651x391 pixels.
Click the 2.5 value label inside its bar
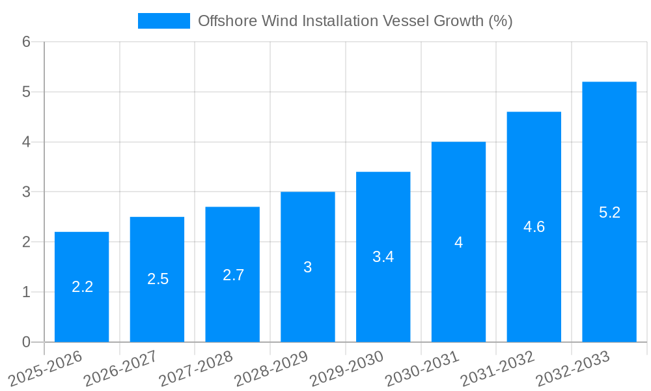(x=158, y=279)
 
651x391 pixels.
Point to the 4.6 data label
(x=534, y=227)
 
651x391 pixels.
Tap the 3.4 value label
(x=383, y=257)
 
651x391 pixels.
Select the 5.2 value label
(x=609, y=212)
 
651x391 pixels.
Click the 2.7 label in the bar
(x=233, y=275)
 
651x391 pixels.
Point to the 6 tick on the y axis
(x=26, y=42)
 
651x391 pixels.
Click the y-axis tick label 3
(x=26, y=192)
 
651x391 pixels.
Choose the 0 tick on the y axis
(x=26, y=342)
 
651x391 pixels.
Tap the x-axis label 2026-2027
(x=121, y=368)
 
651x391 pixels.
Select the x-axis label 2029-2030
(x=347, y=368)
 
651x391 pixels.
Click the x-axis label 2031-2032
(x=497, y=368)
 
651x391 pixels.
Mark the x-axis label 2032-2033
(x=573, y=368)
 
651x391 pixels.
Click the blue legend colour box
(x=163, y=21)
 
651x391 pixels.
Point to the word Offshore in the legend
(x=223, y=21)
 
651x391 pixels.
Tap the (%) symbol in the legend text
(x=500, y=21)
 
